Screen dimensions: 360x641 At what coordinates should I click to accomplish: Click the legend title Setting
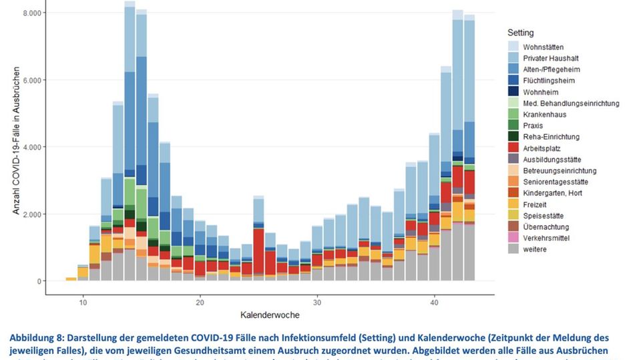[x=520, y=33]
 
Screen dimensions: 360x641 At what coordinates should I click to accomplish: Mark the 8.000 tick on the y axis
[x=33, y=13]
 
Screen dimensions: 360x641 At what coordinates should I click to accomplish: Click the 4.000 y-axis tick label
[x=33, y=147]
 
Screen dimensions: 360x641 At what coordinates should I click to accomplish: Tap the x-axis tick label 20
[x=200, y=302]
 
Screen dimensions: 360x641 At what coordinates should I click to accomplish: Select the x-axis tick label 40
[x=435, y=302]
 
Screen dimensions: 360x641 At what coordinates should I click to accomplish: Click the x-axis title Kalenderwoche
[x=270, y=315]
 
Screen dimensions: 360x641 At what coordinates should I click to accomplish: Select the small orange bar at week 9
[x=71, y=279]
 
